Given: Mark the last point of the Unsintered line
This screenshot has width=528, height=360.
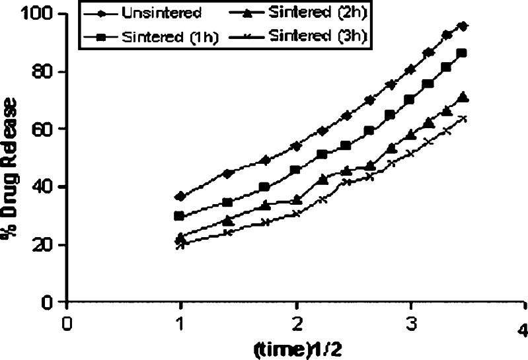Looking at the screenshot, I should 463,26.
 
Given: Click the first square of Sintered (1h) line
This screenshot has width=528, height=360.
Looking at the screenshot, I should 181,216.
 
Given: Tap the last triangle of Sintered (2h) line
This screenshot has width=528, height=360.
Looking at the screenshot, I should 463,96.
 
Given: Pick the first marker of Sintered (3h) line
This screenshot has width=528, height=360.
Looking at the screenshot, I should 181,244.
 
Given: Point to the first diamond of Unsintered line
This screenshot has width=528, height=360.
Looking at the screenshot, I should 181,196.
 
